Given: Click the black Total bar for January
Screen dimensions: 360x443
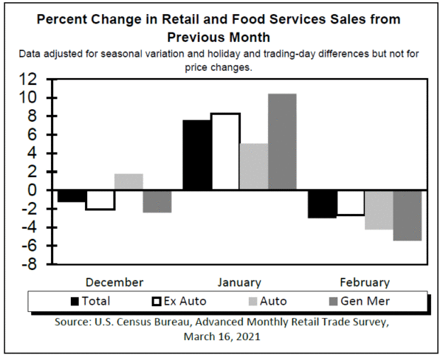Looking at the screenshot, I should [196, 155].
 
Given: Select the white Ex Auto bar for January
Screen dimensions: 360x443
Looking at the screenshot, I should [225, 152].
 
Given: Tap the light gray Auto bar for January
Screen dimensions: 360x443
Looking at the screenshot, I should [253, 167].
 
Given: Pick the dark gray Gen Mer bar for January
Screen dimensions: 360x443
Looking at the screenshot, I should [281, 142].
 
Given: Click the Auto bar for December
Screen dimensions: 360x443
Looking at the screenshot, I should [129, 182].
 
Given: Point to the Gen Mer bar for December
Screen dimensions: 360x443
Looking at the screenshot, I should [157, 201].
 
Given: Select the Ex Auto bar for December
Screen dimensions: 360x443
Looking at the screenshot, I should [100, 200].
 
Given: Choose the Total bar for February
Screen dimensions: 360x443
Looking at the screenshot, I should [322, 204].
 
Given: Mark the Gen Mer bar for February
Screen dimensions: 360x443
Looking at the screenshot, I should [407, 215].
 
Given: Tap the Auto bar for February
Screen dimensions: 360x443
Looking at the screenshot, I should [379, 210].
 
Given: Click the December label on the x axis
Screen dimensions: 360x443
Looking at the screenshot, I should [114, 282].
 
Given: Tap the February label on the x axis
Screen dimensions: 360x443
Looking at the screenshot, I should [365, 282].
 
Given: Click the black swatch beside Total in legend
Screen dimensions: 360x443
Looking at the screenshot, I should [75, 301].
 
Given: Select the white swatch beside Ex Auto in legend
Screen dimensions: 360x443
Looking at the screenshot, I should [156, 301].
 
